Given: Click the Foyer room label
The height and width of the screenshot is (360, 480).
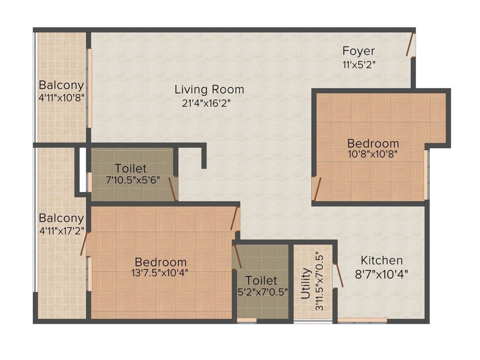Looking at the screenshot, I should [358, 51].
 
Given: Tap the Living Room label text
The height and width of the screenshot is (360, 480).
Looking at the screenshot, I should [209, 89].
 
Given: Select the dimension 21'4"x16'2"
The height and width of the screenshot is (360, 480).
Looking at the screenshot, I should [207, 103].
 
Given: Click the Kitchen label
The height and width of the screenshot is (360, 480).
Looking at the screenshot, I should [381, 260].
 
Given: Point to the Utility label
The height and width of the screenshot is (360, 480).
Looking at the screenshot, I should [306, 283].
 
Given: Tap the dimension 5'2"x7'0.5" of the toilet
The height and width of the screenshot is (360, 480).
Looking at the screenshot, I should [262, 292].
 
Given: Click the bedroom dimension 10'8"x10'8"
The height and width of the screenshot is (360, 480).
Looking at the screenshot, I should [373, 154].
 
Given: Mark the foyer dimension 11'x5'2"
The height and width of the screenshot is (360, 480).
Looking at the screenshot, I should [359, 64].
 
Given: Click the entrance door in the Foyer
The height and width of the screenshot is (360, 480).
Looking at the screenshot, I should [410, 45].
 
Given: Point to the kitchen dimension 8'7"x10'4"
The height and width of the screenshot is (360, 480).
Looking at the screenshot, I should [381, 274].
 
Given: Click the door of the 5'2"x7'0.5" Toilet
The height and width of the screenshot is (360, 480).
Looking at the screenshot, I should [237, 256].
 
